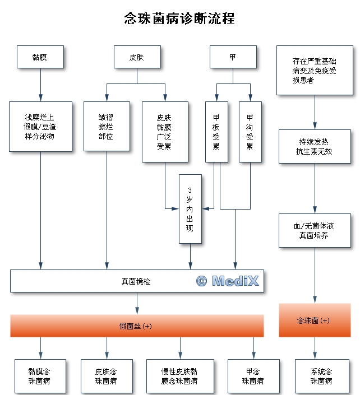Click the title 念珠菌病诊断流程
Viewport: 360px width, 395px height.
pos(179,18)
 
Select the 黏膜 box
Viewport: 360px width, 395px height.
pos(40,57)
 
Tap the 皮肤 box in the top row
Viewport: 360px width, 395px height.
pos(136,57)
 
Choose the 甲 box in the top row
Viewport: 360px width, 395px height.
pos(233,57)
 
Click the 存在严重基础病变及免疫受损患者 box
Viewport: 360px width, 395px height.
pos(314,70)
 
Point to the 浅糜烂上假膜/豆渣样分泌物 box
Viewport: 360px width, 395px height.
pos(40,127)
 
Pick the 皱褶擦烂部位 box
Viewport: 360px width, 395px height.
pos(107,127)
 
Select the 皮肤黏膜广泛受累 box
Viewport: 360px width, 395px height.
pos(164,132)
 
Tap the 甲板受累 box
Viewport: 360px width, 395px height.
pos(216,132)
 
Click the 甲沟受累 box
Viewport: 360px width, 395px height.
pos(250,132)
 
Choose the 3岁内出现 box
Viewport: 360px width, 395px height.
pos(190,209)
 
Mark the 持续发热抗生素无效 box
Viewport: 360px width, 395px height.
pos(315,146)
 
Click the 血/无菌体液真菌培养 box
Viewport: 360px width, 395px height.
pos(315,230)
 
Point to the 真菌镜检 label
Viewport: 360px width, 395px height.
pos(136,281)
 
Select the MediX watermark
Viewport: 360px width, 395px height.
pos(228,281)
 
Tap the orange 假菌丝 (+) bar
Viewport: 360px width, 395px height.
pos(136,326)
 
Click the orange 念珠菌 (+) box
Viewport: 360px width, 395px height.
pos(314,320)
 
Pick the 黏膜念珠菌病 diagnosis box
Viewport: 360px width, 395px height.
pos(40,376)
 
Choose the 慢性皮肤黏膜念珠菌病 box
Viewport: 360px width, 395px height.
pos(179,376)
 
